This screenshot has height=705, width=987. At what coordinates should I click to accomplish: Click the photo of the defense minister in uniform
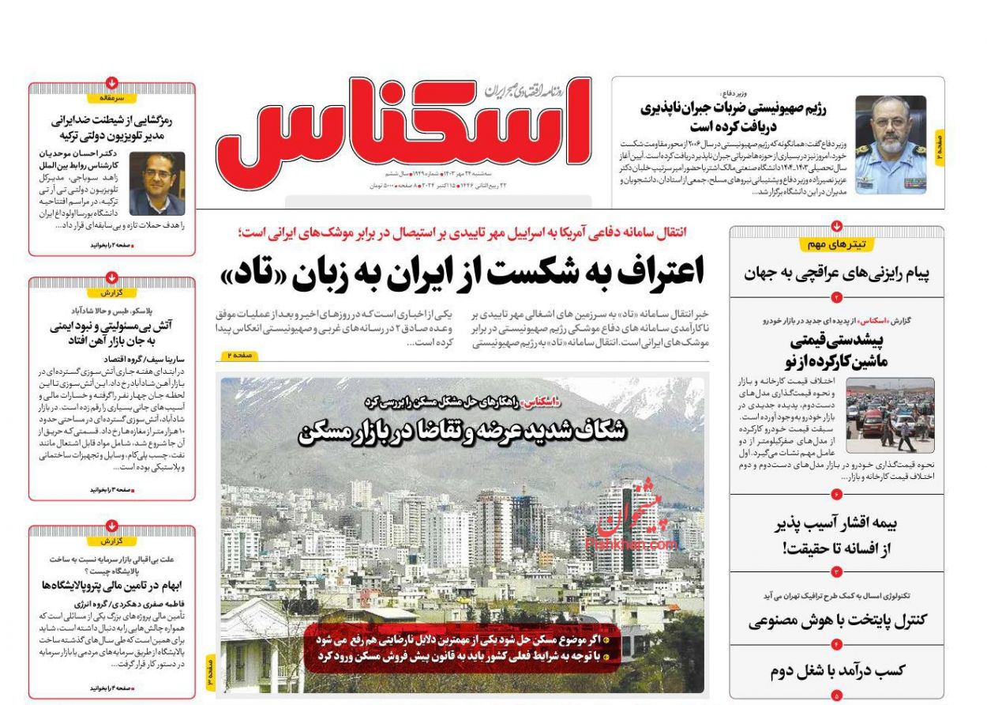click(x=890, y=145)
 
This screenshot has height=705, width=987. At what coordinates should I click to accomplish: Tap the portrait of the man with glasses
click(x=156, y=183)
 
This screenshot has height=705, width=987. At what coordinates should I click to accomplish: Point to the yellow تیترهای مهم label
click(x=836, y=244)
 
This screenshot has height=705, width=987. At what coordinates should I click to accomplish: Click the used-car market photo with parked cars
click(x=890, y=415)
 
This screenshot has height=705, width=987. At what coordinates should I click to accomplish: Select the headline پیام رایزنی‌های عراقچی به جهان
click(x=836, y=273)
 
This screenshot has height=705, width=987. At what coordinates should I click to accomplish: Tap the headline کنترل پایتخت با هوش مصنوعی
click(x=837, y=620)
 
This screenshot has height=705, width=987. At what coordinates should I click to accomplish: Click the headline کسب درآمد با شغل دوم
click(x=837, y=671)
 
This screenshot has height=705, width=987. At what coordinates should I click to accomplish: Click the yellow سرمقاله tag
click(x=111, y=98)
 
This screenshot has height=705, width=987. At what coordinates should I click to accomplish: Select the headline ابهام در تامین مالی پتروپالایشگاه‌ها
click(x=111, y=585)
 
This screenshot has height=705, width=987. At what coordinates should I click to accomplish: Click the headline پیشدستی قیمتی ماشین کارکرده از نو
click(x=837, y=351)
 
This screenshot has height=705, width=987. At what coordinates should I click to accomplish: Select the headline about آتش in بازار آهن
click(x=111, y=332)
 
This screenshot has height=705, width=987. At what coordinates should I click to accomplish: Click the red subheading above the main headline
click(x=462, y=232)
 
